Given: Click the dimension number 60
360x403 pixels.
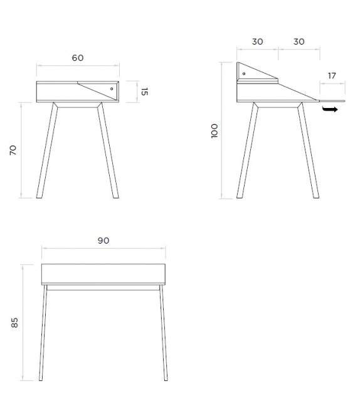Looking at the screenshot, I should tap(77, 58).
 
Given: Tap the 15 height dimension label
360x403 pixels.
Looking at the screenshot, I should tap(145, 92).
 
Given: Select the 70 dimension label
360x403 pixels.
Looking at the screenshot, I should tap(13, 150).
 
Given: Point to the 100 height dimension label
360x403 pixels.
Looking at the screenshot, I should tap(214, 131).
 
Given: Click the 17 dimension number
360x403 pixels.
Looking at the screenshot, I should tap(332, 76).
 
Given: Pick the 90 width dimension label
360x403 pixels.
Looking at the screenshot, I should tap(103, 240).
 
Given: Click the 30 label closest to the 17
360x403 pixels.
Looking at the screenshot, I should tap(299, 41).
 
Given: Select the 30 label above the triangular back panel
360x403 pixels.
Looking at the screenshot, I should tap(257, 41).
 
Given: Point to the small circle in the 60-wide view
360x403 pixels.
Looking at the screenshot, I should tap(112, 89).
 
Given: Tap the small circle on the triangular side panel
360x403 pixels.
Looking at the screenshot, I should tap(243, 74).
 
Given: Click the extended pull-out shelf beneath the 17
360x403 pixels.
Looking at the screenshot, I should tap(332, 99).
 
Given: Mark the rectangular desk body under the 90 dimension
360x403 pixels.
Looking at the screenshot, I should tap(104, 274).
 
